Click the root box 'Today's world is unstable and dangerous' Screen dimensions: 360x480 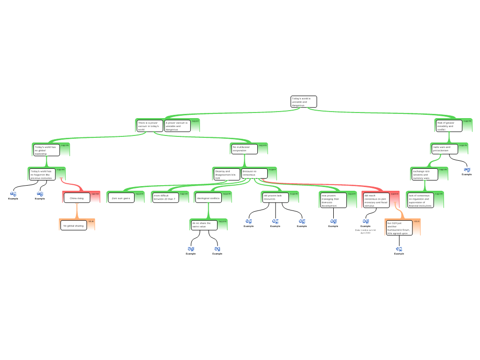(303, 102)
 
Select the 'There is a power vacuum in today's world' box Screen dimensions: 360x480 (150, 126)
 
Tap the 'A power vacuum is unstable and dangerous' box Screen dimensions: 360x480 (177, 126)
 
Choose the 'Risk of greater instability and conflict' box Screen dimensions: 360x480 (449, 126)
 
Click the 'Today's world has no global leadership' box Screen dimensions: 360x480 (46, 150)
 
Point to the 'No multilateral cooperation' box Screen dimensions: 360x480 (244, 149)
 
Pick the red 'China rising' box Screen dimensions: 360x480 (77, 198)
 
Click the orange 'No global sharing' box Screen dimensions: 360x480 (73, 225)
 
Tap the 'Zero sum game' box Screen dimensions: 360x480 (121, 198)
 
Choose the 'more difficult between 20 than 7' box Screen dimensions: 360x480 (165, 198)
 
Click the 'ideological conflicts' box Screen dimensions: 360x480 (209, 198)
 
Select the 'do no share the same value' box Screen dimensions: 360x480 (204, 225)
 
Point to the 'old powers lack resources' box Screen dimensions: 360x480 (275, 197)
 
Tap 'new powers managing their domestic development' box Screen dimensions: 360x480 (333, 200)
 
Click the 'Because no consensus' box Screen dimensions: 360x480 (254, 173)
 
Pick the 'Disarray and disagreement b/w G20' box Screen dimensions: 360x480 (226, 174)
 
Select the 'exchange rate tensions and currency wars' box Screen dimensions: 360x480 (424, 174)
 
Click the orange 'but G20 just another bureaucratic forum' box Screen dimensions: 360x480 (399, 227)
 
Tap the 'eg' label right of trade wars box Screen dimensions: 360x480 (467, 169)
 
